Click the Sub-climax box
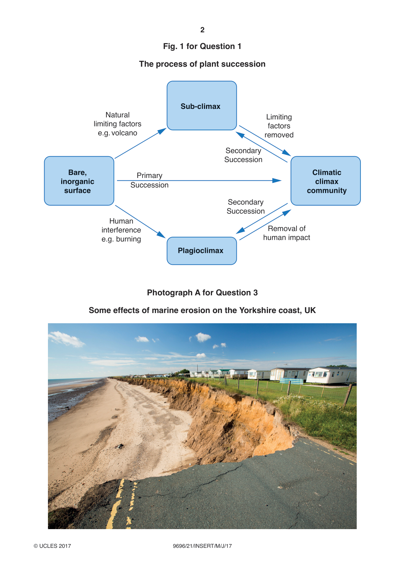tap(201, 105)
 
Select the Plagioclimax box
tap(201, 251)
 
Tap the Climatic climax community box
tap(325, 181)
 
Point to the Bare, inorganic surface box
tap(79, 181)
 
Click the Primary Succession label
tap(149, 180)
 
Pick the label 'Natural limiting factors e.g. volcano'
tap(117, 124)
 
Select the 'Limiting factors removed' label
tap(279, 126)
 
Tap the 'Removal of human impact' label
tap(286, 233)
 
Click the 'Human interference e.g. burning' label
tap(121, 230)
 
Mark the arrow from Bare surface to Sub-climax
tap(140, 143)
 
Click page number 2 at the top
tap(202, 30)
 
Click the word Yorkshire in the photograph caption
tap(257, 310)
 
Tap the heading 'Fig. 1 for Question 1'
tap(202, 46)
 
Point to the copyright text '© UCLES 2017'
tap(52, 546)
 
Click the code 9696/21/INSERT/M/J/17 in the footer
tap(202, 546)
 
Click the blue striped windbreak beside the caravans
tap(291, 381)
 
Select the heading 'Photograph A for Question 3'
tap(202, 293)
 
